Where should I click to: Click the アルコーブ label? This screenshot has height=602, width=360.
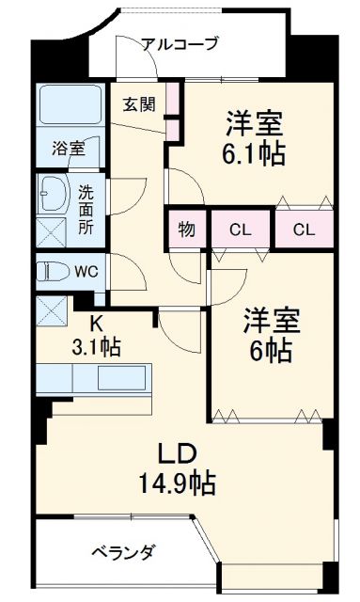point(180,43)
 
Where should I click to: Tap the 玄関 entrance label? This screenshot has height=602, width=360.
point(138,103)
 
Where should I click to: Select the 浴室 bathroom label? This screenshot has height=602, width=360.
point(68,148)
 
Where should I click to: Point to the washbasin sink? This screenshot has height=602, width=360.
point(53,195)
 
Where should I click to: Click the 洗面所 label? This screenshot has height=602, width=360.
point(86,209)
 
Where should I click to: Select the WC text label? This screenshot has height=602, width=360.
point(86,272)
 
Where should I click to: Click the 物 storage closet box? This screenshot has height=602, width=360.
point(187,229)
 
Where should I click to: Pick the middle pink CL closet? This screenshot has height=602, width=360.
point(240,229)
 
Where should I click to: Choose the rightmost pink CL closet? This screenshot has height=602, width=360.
point(303,229)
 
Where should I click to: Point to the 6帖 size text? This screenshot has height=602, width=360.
point(273,351)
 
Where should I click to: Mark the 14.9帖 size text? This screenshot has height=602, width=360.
point(175,484)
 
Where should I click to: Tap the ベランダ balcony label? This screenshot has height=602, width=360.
point(123,551)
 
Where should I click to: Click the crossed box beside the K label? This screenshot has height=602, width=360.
point(51,309)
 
